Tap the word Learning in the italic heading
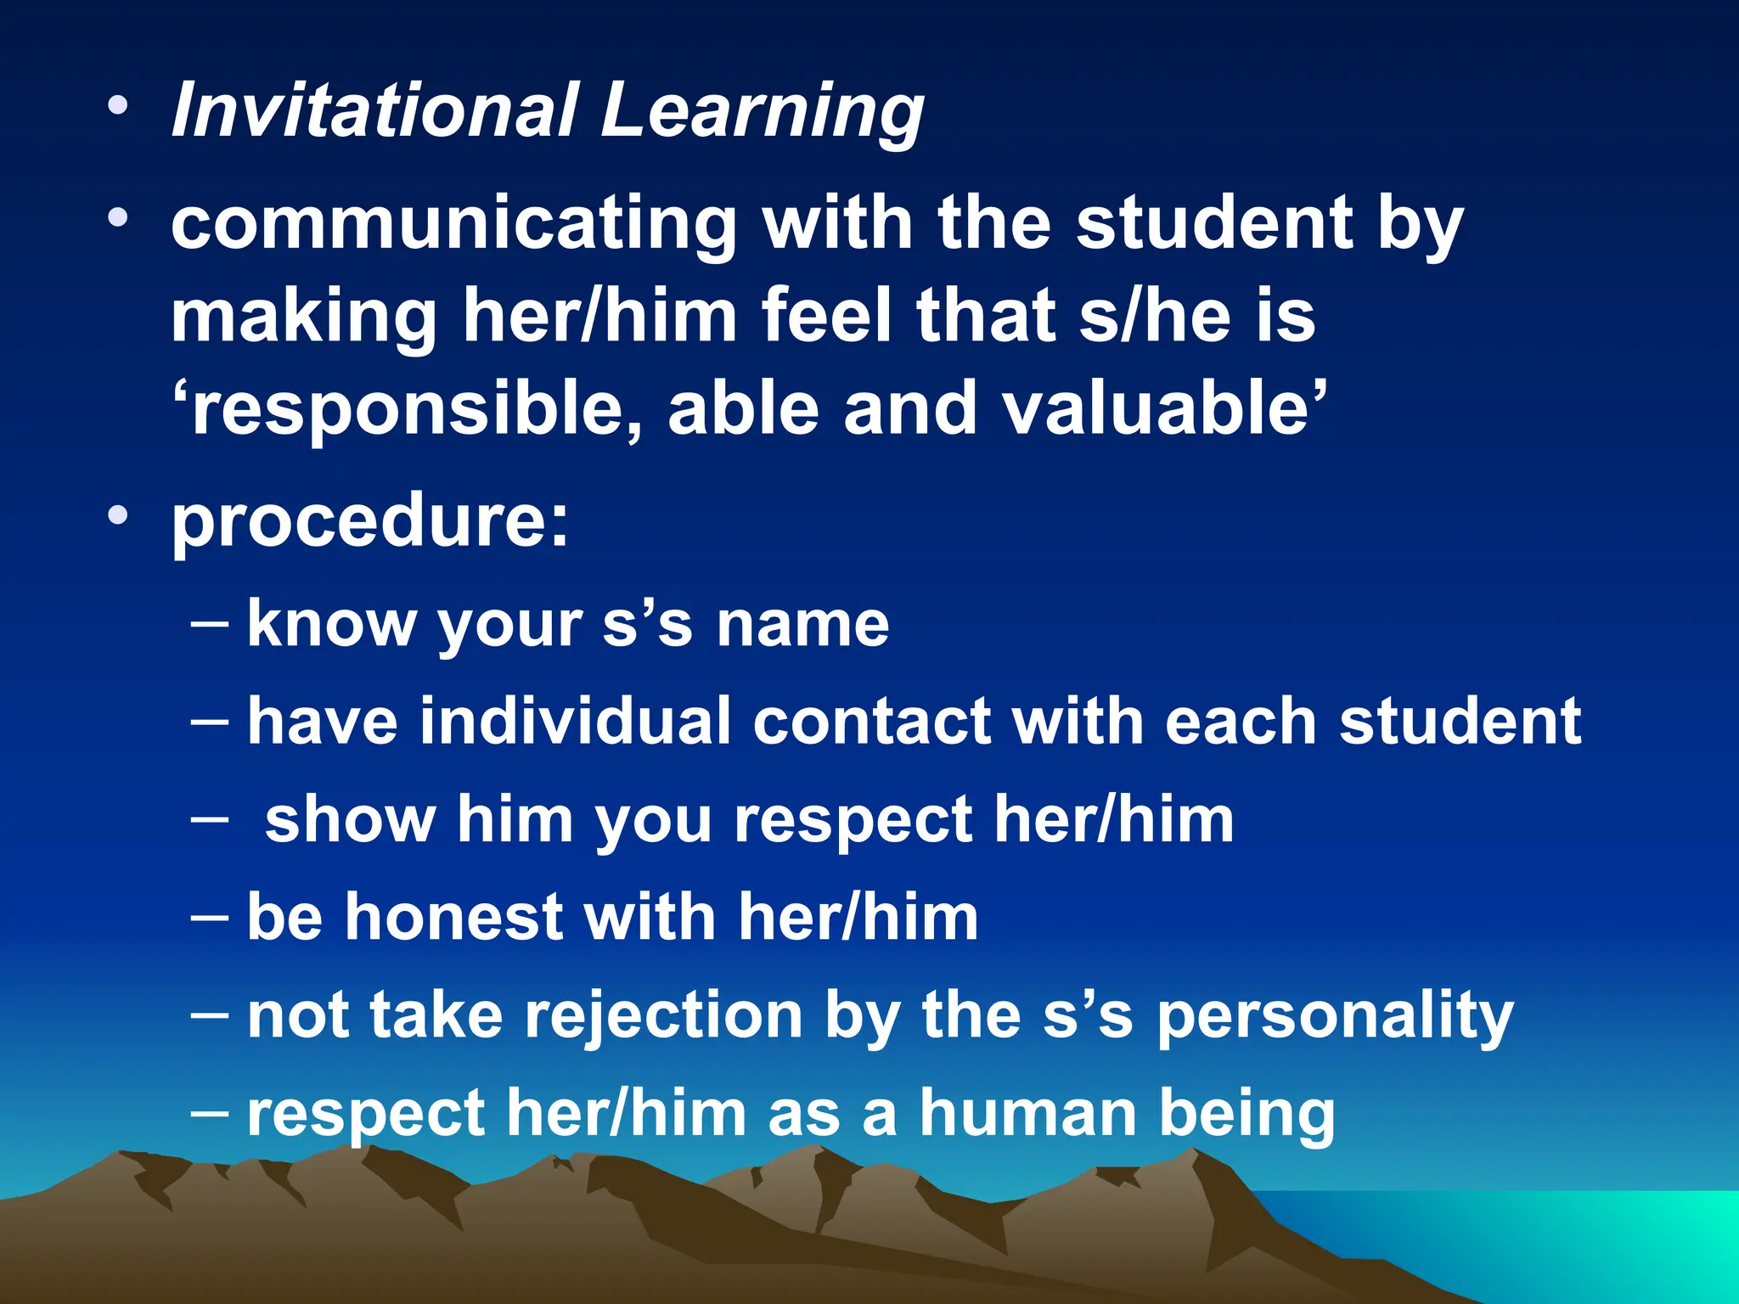(x=761, y=112)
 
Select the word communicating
(x=453, y=224)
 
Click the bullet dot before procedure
(x=118, y=515)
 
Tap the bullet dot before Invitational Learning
(x=118, y=106)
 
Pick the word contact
(x=872, y=722)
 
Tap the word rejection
(x=663, y=1016)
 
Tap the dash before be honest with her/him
(x=210, y=919)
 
